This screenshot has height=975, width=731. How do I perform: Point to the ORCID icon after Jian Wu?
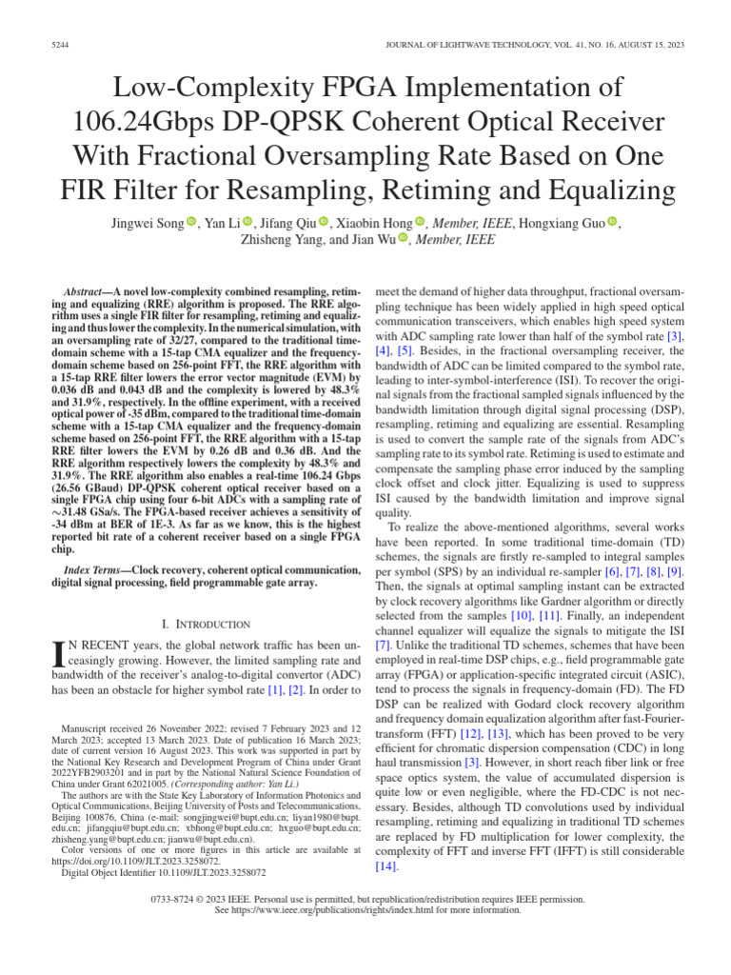[402, 241]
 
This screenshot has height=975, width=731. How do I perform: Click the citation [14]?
[385, 866]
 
